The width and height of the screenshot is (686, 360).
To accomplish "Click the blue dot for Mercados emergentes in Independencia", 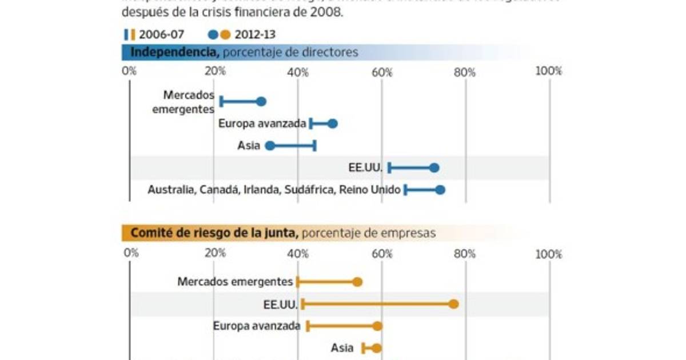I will [x=261, y=102].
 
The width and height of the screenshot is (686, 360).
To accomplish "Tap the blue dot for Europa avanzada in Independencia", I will [x=333, y=123].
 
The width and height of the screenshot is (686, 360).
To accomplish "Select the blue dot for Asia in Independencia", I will [x=270, y=146].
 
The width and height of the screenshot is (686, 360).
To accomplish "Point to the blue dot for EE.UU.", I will [x=434, y=167].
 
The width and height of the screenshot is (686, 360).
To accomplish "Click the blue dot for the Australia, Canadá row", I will [x=440, y=190].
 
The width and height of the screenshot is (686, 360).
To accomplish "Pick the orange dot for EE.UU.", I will [x=453, y=304].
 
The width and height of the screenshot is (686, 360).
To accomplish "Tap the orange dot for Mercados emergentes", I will [x=357, y=282].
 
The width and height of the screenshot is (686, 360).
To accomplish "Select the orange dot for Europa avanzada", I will [x=377, y=326].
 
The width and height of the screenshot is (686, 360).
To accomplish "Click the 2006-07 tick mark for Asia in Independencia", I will [x=315, y=146].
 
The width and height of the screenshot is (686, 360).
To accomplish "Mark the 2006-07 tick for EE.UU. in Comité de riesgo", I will [x=302, y=304].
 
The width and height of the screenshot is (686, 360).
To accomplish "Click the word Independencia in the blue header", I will [x=174, y=53].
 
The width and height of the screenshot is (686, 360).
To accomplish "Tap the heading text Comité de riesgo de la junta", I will [x=214, y=233].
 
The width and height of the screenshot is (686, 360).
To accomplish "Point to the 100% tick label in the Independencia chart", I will [x=549, y=71].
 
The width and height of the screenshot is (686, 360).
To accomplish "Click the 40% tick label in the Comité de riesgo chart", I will [x=298, y=254].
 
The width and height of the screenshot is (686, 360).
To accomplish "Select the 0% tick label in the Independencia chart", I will [x=130, y=71].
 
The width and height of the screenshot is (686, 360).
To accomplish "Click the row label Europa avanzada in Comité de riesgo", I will [x=257, y=326].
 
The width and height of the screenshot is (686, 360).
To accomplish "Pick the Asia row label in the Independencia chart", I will [x=249, y=146].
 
